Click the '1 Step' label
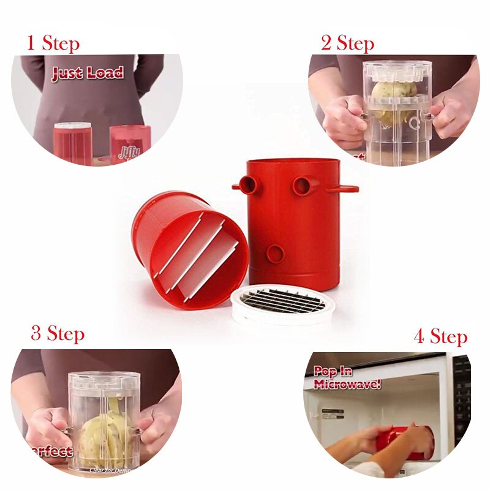coord(53,43)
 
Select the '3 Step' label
coord(58,334)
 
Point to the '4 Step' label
coord(440,336)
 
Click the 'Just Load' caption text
coord(87,74)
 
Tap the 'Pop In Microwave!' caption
coord(347,378)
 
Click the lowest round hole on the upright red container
coord(276,253)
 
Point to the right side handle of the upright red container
coord(343,189)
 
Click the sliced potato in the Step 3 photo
coord(104,435)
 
